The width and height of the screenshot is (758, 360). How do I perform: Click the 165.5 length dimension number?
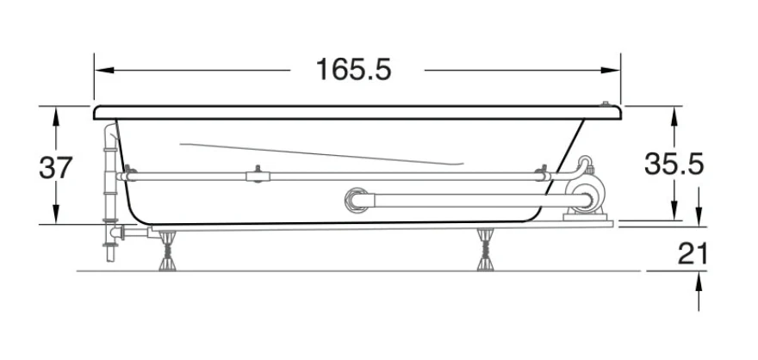coord(353,70)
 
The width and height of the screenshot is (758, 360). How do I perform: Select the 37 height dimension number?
coord(56,168)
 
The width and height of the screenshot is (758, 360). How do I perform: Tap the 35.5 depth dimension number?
coord(674,164)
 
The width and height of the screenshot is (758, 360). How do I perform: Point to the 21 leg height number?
coord(693,253)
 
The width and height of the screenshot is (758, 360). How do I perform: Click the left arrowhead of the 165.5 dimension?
coord(104,70)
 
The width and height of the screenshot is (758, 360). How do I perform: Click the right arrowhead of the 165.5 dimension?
coord(610,70)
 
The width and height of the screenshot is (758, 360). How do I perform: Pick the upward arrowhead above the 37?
coord(56,116)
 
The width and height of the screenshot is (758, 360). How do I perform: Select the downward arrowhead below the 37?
coord(56,214)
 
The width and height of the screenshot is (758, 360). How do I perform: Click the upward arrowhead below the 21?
coord(699,282)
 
